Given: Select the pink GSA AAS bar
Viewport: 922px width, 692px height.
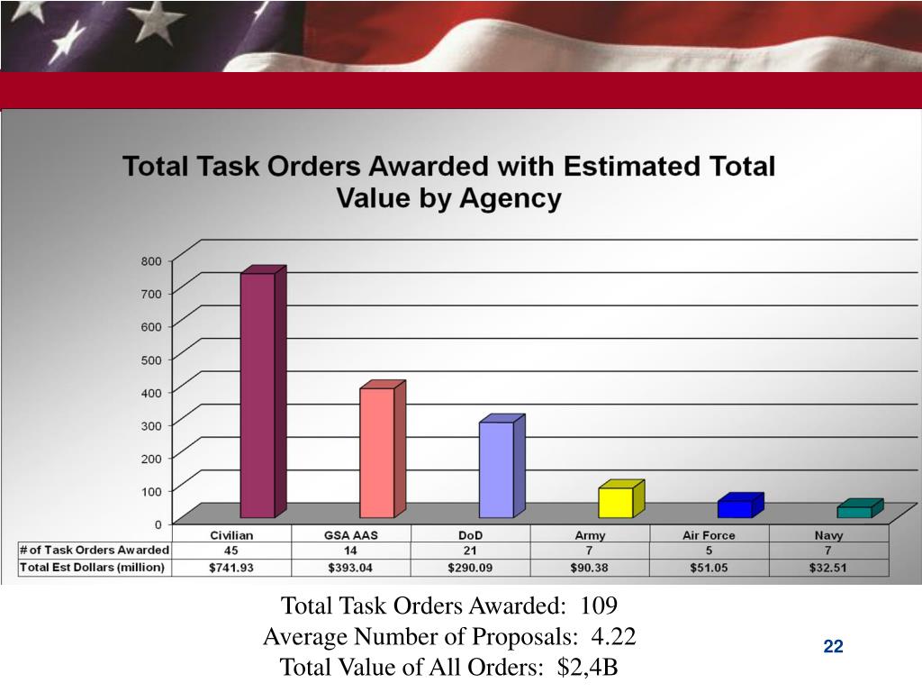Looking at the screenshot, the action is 382,450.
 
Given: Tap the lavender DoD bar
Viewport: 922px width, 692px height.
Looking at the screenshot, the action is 502,467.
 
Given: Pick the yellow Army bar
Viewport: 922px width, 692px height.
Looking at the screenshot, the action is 621,499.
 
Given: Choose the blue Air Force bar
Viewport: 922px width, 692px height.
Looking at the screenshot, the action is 740,505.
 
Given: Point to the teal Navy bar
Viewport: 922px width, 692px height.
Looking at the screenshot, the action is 860,509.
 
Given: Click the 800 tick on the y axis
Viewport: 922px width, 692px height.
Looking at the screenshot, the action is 151,260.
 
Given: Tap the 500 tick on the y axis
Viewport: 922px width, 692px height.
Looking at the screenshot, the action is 151,360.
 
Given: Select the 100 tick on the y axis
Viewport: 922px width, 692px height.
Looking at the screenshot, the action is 151,491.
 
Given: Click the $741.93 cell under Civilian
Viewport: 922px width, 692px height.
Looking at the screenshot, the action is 231,568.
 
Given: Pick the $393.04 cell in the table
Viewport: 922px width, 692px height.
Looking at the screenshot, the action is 350,568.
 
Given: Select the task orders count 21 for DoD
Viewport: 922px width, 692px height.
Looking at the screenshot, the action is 470,551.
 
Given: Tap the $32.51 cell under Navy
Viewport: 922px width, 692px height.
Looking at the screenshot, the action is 828,568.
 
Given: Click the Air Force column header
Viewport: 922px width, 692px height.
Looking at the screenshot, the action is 709,535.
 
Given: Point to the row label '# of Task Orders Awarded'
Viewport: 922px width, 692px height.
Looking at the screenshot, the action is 94,551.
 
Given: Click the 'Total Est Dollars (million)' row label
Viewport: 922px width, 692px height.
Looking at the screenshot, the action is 93,568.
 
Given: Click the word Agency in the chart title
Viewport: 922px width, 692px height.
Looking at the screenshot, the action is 510,198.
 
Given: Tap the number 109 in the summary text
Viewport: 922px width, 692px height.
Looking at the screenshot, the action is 599,605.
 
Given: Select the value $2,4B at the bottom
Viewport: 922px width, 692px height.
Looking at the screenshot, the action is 587,668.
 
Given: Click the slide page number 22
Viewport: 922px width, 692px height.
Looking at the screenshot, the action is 833,647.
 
